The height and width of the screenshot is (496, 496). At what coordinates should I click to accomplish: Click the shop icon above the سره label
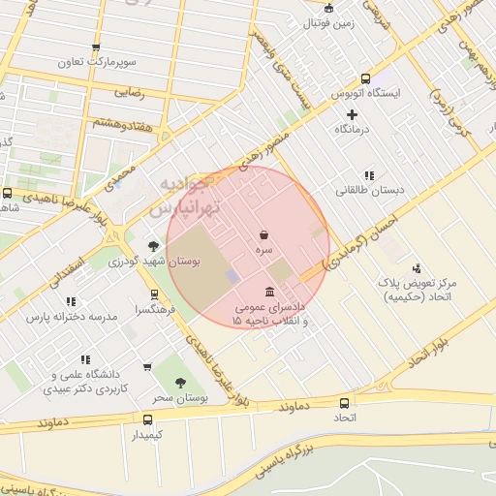(264, 234)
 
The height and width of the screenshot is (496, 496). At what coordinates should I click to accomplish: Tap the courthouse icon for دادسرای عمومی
(268, 293)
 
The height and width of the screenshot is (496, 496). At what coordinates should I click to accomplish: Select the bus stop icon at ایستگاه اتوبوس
(365, 78)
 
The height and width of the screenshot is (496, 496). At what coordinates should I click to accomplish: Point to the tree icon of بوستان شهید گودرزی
(152, 246)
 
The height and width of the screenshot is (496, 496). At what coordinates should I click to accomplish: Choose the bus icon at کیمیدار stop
(147, 419)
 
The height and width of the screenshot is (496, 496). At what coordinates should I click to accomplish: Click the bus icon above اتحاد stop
(345, 403)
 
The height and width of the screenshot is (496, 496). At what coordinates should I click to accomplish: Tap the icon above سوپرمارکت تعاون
(95, 47)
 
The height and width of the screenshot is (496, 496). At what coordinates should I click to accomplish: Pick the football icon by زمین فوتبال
(328, 8)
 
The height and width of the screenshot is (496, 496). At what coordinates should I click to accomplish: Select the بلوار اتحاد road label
(428, 354)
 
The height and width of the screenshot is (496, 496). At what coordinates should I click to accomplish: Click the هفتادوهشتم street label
(121, 120)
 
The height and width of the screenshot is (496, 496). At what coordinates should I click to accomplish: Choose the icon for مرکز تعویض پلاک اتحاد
(417, 267)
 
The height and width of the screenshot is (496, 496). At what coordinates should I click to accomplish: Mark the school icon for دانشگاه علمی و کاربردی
(86, 359)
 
